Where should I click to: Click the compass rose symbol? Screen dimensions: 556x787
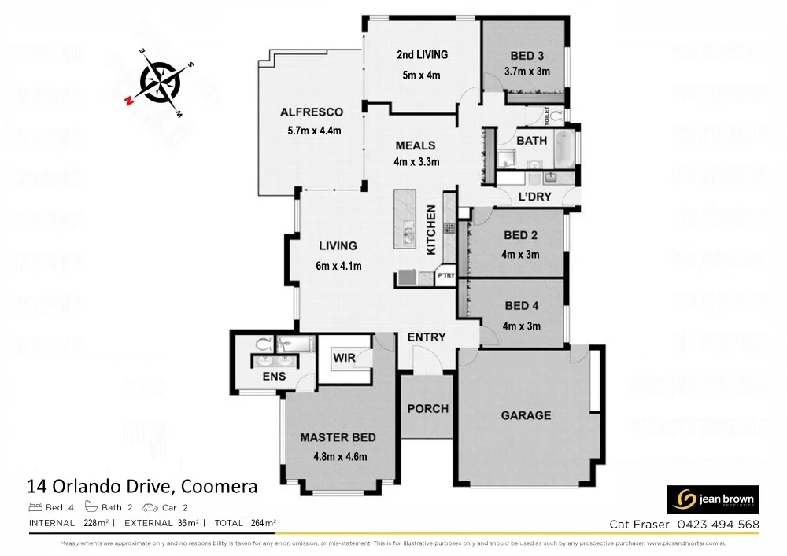point(161,82)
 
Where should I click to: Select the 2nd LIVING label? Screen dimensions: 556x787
point(422,55)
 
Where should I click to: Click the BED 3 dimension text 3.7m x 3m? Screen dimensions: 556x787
point(527,72)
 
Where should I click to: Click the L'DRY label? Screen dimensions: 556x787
point(534,197)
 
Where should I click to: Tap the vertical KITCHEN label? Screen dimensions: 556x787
point(431,230)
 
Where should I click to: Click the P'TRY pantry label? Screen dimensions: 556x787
point(445,275)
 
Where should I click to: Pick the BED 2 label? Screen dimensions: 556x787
point(520,236)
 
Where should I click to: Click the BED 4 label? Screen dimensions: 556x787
point(520,306)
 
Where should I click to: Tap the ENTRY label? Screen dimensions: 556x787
point(427,337)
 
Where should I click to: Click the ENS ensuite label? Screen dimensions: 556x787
point(274,377)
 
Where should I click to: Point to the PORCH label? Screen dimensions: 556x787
point(428,409)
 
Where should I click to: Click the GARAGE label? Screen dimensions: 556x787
point(526,415)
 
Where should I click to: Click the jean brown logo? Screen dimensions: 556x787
point(713,499)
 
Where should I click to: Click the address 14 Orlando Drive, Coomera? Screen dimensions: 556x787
point(142,487)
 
